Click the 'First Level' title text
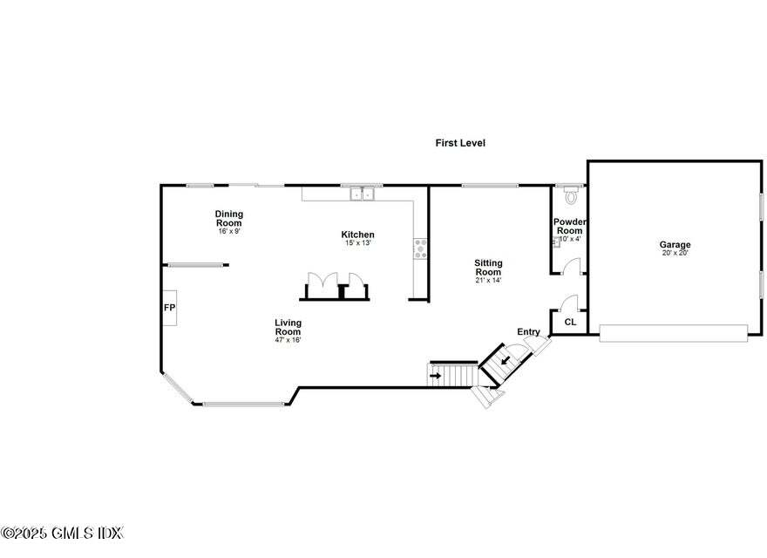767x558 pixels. pyautogui.click(x=460, y=143)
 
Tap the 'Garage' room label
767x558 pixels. pyautogui.click(x=675, y=245)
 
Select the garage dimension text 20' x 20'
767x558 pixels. pyautogui.click(x=675, y=254)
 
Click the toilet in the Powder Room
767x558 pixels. pyautogui.click(x=571, y=194)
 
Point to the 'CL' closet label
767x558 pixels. pyautogui.click(x=570, y=323)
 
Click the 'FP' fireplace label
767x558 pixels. pyautogui.click(x=169, y=309)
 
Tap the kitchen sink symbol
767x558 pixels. pyautogui.click(x=362, y=194)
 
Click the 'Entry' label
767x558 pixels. pyautogui.click(x=528, y=332)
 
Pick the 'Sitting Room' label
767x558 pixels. pyautogui.click(x=488, y=268)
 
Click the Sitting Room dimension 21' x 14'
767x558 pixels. pyautogui.click(x=488, y=281)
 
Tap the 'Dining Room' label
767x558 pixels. pyautogui.click(x=229, y=218)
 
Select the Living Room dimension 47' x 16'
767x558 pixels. pyautogui.click(x=288, y=340)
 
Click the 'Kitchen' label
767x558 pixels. pyautogui.click(x=357, y=235)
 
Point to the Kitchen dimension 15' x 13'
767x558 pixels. pyautogui.click(x=357, y=244)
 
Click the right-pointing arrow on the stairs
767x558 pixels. pyautogui.click(x=436, y=376)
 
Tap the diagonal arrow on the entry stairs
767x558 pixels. pyautogui.click(x=504, y=360)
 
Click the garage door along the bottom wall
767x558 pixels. pyautogui.click(x=673, y=332)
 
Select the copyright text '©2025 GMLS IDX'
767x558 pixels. pyautogui.click(x=63, y=533)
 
